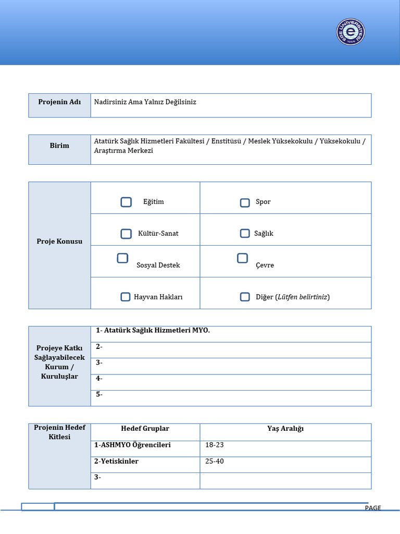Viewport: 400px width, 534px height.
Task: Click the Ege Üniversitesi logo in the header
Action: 351,32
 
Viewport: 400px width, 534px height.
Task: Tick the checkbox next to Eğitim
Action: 126,202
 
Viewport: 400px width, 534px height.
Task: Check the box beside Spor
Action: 245,203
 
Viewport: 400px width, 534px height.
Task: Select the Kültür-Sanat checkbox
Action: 126,234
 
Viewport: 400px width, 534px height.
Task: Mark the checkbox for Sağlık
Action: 245,233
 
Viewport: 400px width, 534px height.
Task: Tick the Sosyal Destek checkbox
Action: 122,258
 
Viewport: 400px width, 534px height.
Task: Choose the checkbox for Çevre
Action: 242,258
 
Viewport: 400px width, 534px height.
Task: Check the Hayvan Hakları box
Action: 126,297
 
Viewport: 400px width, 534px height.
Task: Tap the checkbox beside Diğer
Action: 245,297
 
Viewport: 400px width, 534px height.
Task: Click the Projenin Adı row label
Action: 59,102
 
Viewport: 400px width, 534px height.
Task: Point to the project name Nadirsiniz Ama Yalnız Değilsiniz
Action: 145,102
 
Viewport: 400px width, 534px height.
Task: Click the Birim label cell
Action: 59,145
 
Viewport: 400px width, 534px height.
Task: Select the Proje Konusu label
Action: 59,241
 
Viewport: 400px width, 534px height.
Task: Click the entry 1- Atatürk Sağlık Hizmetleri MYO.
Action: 153,330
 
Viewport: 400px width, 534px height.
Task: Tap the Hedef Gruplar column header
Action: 145,429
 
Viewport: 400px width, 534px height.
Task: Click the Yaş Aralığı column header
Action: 285,429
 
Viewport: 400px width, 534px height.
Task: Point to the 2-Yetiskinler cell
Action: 116,462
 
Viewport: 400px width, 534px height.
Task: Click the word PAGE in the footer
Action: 373,508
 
